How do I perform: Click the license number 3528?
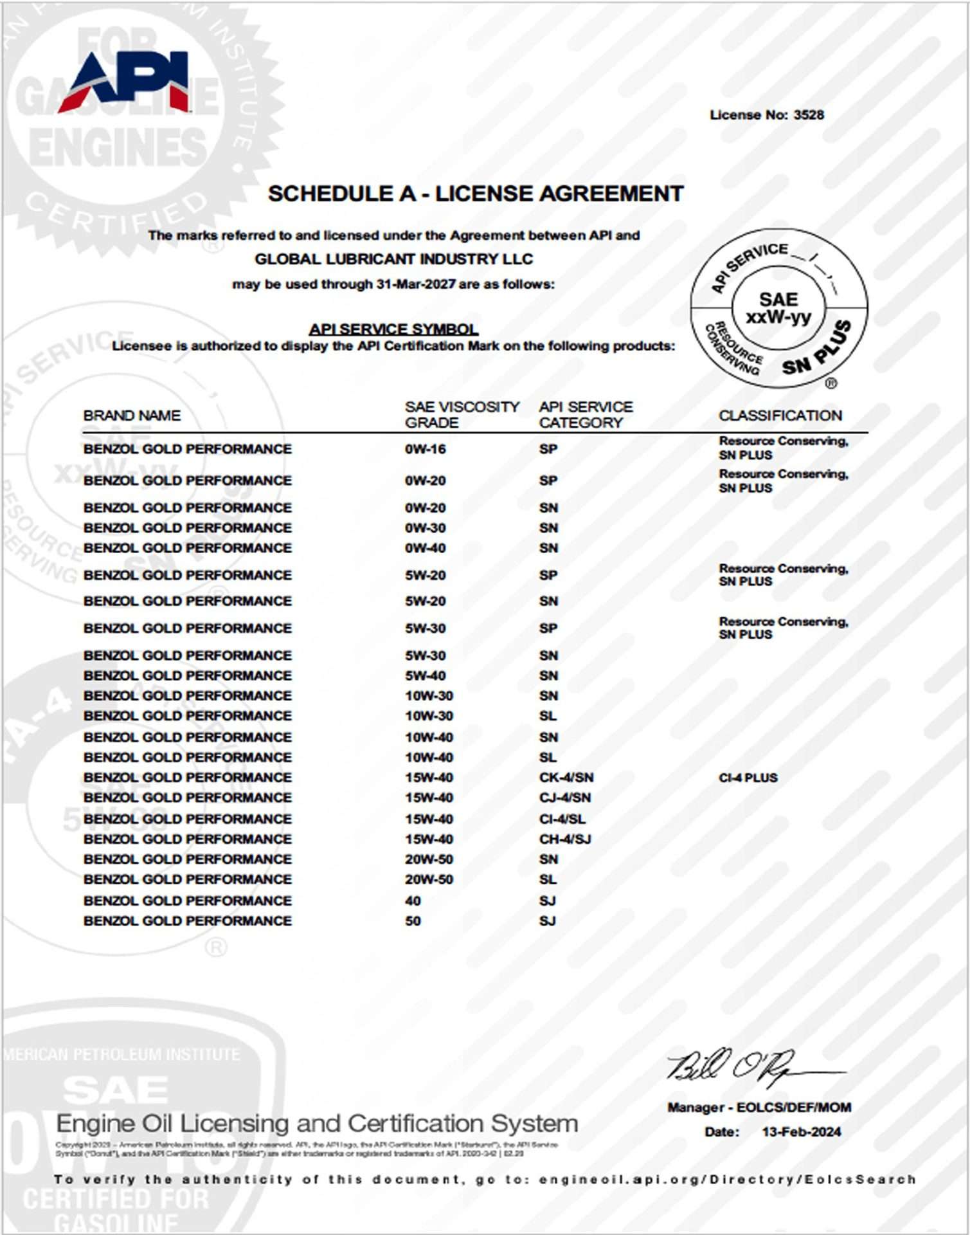[808, 115]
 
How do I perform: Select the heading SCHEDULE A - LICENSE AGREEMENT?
[475, 194]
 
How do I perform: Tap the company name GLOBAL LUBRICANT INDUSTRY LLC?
[393, 259]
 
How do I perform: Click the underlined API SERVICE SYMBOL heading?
[393, 329]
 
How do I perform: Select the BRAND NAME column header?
[132, 416]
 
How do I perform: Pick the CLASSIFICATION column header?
[780, 416]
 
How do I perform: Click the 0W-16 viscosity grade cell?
[425, 449]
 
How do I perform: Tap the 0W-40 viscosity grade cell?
[425, 548]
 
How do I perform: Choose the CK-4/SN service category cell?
[566, 778]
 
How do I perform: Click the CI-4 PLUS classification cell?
[748, 778]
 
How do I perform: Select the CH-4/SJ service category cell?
[564, 839]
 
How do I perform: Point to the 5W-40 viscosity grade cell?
[425, 675]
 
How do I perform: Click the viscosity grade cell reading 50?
[413, 921]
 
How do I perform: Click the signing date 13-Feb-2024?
[801, 1132]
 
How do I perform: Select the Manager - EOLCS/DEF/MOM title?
[759, 1108]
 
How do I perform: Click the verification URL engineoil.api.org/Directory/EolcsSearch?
[727, 1180]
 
